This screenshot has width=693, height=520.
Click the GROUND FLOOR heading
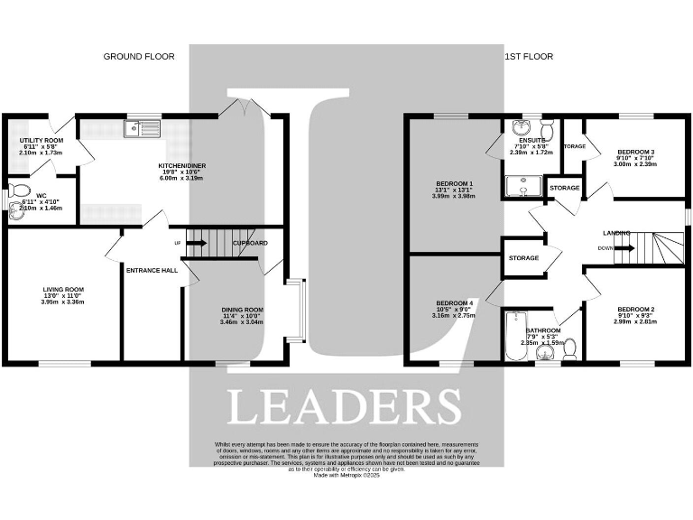coord(138,56)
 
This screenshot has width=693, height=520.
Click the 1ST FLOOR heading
coord(527,56)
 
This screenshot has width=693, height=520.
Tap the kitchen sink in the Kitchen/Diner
coord(143,129)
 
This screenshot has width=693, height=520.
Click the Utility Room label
coord(42,142)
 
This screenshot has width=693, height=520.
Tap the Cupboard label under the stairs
coord(250,244)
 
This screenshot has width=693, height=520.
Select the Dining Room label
coord(242,311)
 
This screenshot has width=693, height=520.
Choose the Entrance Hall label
coord(152,269)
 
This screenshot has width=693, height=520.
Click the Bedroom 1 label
coord(454,184)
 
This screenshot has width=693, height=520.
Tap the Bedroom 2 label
coord(634,310)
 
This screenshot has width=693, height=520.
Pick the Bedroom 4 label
coord(454,302)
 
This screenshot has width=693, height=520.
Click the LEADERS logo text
coord(343,407)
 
